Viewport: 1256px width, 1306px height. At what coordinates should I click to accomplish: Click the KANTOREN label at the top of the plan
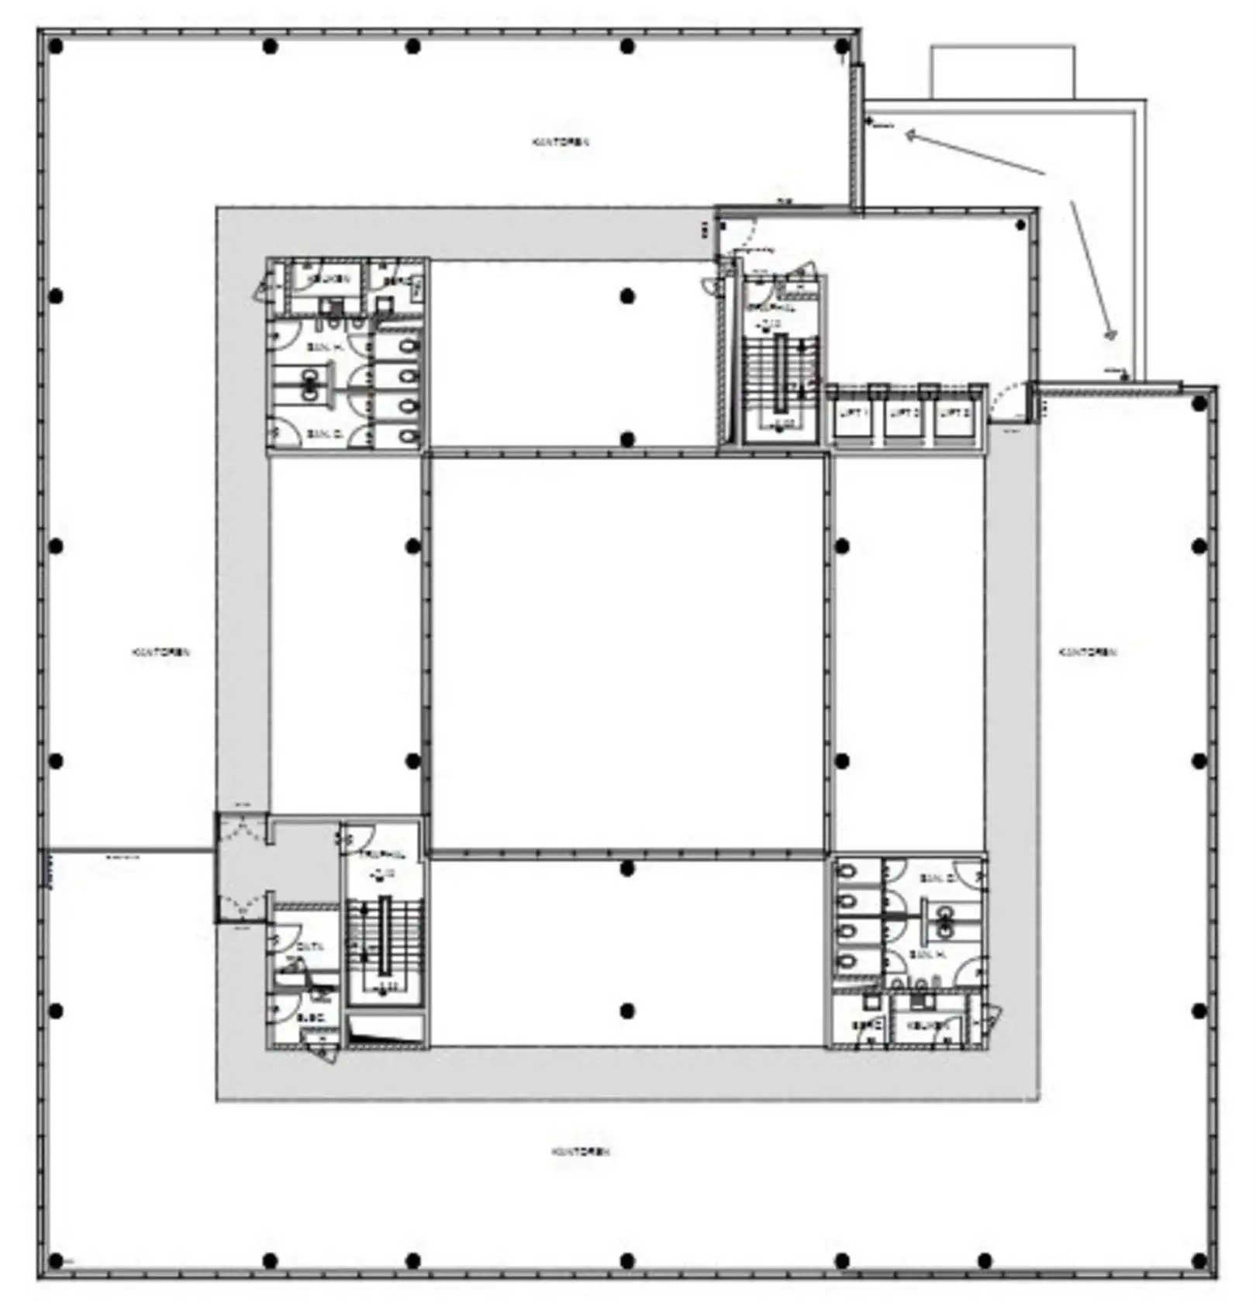pyautogui.click(x=561, y=143)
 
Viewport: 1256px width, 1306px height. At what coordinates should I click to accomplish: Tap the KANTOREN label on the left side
pyautogui.click(x=160, y=653)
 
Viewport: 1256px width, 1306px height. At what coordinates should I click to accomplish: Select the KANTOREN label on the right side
pyautogui.click(x=1088, y=653)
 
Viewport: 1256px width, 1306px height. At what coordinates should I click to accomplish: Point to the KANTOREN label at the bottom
pyautogui.click(x=581, y=1152)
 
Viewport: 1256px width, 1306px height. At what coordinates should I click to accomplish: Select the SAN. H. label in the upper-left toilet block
pyautogui.click(x=325, y=348)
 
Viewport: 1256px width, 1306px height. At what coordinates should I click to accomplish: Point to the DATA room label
pyautogui.click(x=309, y=946)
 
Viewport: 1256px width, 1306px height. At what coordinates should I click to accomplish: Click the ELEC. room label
pyautogui.click(x=310, y=1017)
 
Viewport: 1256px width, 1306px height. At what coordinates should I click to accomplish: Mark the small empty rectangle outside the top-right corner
pyautogui.click(x=1002, y=72)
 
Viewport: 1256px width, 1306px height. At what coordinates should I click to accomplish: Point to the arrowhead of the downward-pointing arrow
pyautogui.click(x=1111, y=334)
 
